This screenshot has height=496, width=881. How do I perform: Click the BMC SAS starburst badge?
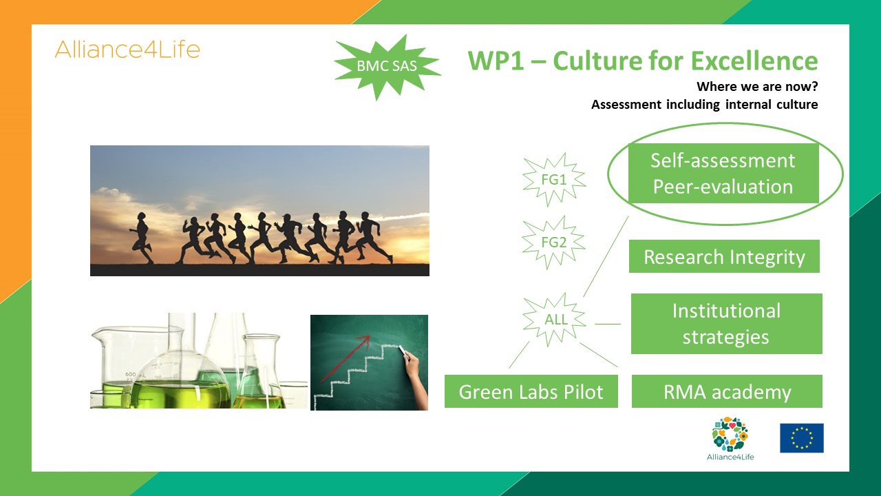pos(388,66)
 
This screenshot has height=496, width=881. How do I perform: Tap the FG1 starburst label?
pos(554,180)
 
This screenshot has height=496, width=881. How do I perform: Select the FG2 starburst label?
pos(554,242)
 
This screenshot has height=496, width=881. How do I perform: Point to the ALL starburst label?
pos(555,319)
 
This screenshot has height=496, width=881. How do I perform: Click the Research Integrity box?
pos(724,256)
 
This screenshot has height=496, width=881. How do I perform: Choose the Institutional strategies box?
pos(726,324)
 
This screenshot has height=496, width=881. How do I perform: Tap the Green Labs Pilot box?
pos(531,391)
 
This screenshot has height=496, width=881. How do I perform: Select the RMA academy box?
pos(727,391)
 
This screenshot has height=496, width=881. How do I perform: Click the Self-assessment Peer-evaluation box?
pos(723,173)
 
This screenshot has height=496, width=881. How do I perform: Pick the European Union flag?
pos(802,438)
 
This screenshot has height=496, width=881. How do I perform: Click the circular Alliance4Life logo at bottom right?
pos(730,434)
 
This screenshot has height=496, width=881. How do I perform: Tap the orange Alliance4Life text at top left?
pos(127,50)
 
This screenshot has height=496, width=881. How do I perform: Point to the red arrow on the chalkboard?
pos(345,359)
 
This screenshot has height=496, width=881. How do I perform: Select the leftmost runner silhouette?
pos(142,238)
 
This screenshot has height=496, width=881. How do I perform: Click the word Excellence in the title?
pos(754,61)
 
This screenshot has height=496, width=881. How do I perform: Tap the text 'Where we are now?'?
pos(757,87)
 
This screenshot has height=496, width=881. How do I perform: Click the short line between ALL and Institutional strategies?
pos(608,324)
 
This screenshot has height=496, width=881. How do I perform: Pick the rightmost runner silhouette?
pos(374,237)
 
